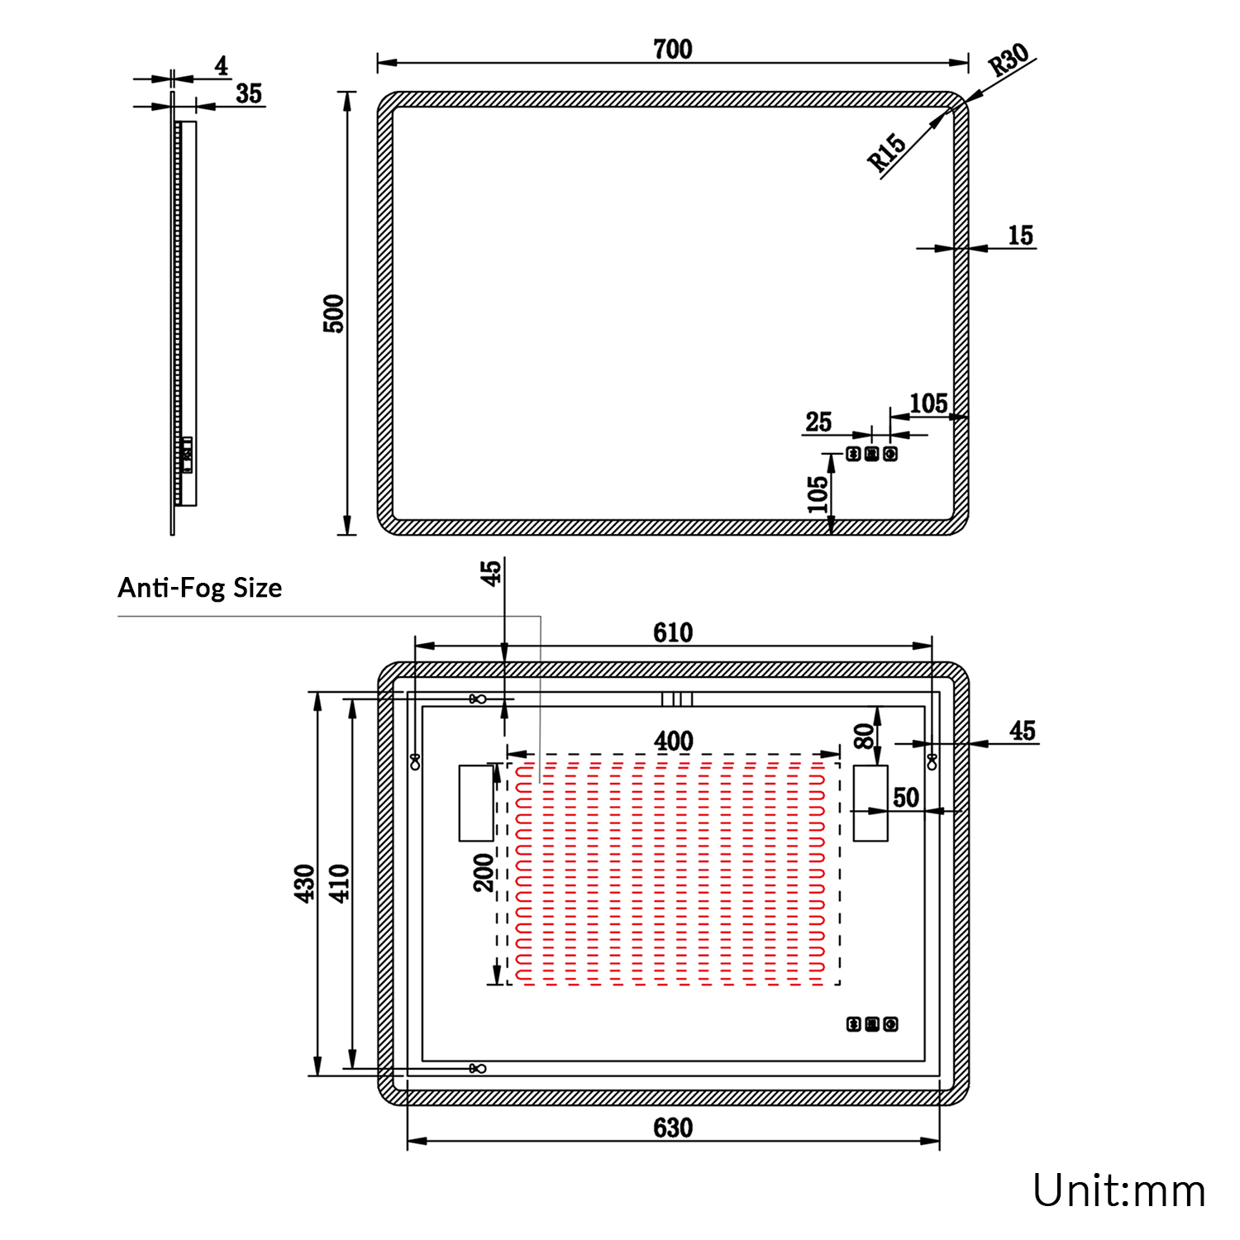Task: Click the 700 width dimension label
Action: [x=673, y=50]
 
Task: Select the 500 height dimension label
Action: [x=333, y=313]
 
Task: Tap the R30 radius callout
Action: [x=1009, y=60]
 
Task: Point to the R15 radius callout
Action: [x=887, y=152]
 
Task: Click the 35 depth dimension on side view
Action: [x=249, y=93]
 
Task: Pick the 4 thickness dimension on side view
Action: [x=222, y=66]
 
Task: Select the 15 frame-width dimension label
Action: [x=1021, y=236]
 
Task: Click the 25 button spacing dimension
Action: [x=818, y=422]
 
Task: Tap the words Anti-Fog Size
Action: [x=200, y=588]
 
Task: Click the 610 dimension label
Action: [x=673, y=633]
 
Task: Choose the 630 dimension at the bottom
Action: [x=673, y=1128]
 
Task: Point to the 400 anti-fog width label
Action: [x=674, y=742]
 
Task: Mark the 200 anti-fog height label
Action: [x=484, y=873]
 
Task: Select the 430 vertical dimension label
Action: [x=305, y=883]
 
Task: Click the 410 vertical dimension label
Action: [x=340, y=883]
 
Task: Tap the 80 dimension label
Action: [x=864, y=736]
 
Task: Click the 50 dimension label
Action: [x=906, y=798]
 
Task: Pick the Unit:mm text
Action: [x=1119, y=1191]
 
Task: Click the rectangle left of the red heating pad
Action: [x=476, y=804]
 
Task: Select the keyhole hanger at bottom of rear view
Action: [x=478, y=1069]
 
